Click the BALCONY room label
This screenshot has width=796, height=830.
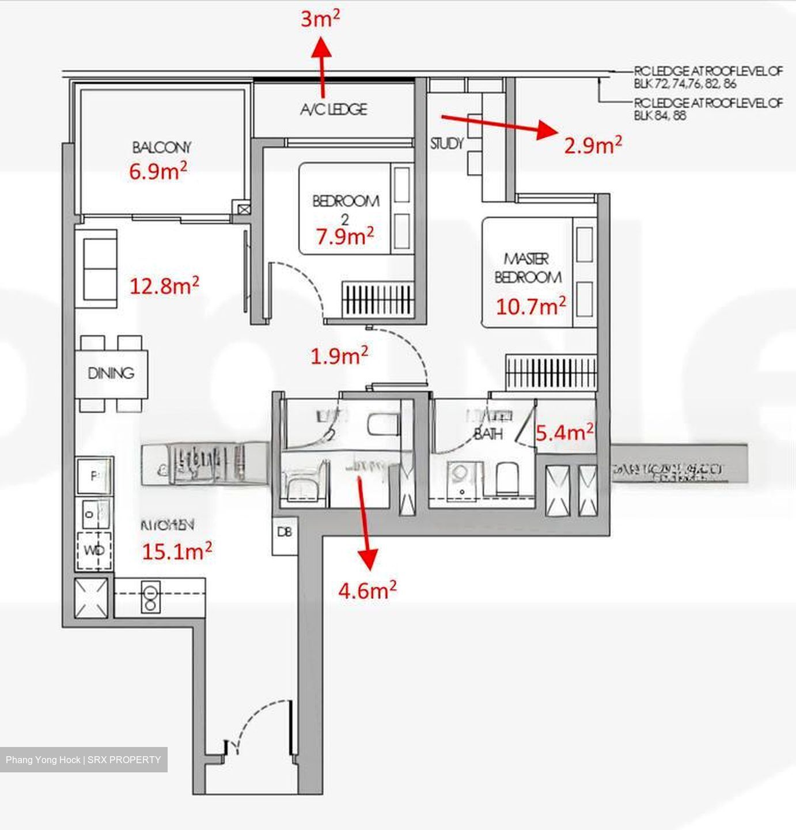(x=161, y=147)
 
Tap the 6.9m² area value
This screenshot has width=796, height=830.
(x=158, y=171)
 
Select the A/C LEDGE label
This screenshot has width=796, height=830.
(x=333, y=109)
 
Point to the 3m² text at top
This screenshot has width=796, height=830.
(x=320, y=19)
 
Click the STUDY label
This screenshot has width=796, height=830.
(x=447, y=143)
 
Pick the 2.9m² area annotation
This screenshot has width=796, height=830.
(x=593, y=145)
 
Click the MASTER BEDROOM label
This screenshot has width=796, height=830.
(x=527, y=268)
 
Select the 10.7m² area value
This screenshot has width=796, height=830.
(x=530, y=306)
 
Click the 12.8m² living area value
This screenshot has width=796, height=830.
(x=164, y=285)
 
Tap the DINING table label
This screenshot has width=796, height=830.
(x=111, y=373)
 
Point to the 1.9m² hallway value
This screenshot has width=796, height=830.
(x=339, y=356)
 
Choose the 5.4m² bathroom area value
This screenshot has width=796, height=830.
(x=564, y=432)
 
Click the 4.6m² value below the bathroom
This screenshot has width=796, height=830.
(x=367, y=590)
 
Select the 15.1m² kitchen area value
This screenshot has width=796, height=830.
(x=177, y=551)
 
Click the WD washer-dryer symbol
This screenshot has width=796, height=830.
(x=94, y=550)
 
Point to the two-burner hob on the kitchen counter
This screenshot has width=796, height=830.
(x=150, y=598)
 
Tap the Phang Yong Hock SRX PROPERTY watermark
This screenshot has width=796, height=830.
(x=84, y=760)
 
